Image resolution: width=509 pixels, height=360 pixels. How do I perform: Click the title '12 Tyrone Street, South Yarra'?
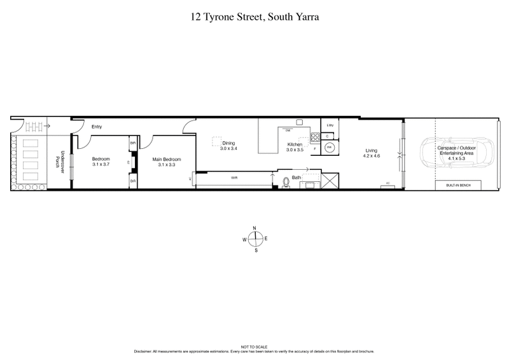[254, 17]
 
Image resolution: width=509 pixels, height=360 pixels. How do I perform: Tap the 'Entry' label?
[97, 127]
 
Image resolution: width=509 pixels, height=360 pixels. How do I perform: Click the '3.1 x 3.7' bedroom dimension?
[101, 165]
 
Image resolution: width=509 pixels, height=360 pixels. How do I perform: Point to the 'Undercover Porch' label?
[62, 162]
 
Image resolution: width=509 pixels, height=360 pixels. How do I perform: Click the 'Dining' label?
[228, 143]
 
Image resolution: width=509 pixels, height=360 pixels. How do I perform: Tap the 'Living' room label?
[371, 151]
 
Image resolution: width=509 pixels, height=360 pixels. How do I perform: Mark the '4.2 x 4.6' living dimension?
[371, 156]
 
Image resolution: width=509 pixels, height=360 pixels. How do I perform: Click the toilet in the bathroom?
[286, 183]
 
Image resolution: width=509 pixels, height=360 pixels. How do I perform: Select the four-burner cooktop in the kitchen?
[314, 137]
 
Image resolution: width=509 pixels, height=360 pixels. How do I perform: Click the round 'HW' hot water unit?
[330, 147]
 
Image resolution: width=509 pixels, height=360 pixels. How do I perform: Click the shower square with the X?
[331, 181]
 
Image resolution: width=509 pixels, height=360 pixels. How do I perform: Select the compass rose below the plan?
[255, 239]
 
